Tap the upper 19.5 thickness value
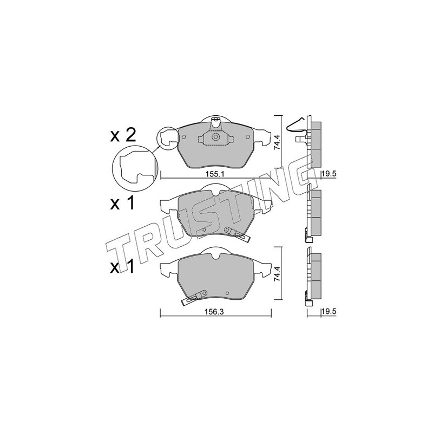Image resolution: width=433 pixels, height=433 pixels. (329, 174)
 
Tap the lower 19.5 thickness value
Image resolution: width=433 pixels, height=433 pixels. (329, 311)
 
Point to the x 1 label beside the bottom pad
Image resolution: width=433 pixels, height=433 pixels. (122, 266)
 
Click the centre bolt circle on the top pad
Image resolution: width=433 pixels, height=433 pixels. (215, 137)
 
